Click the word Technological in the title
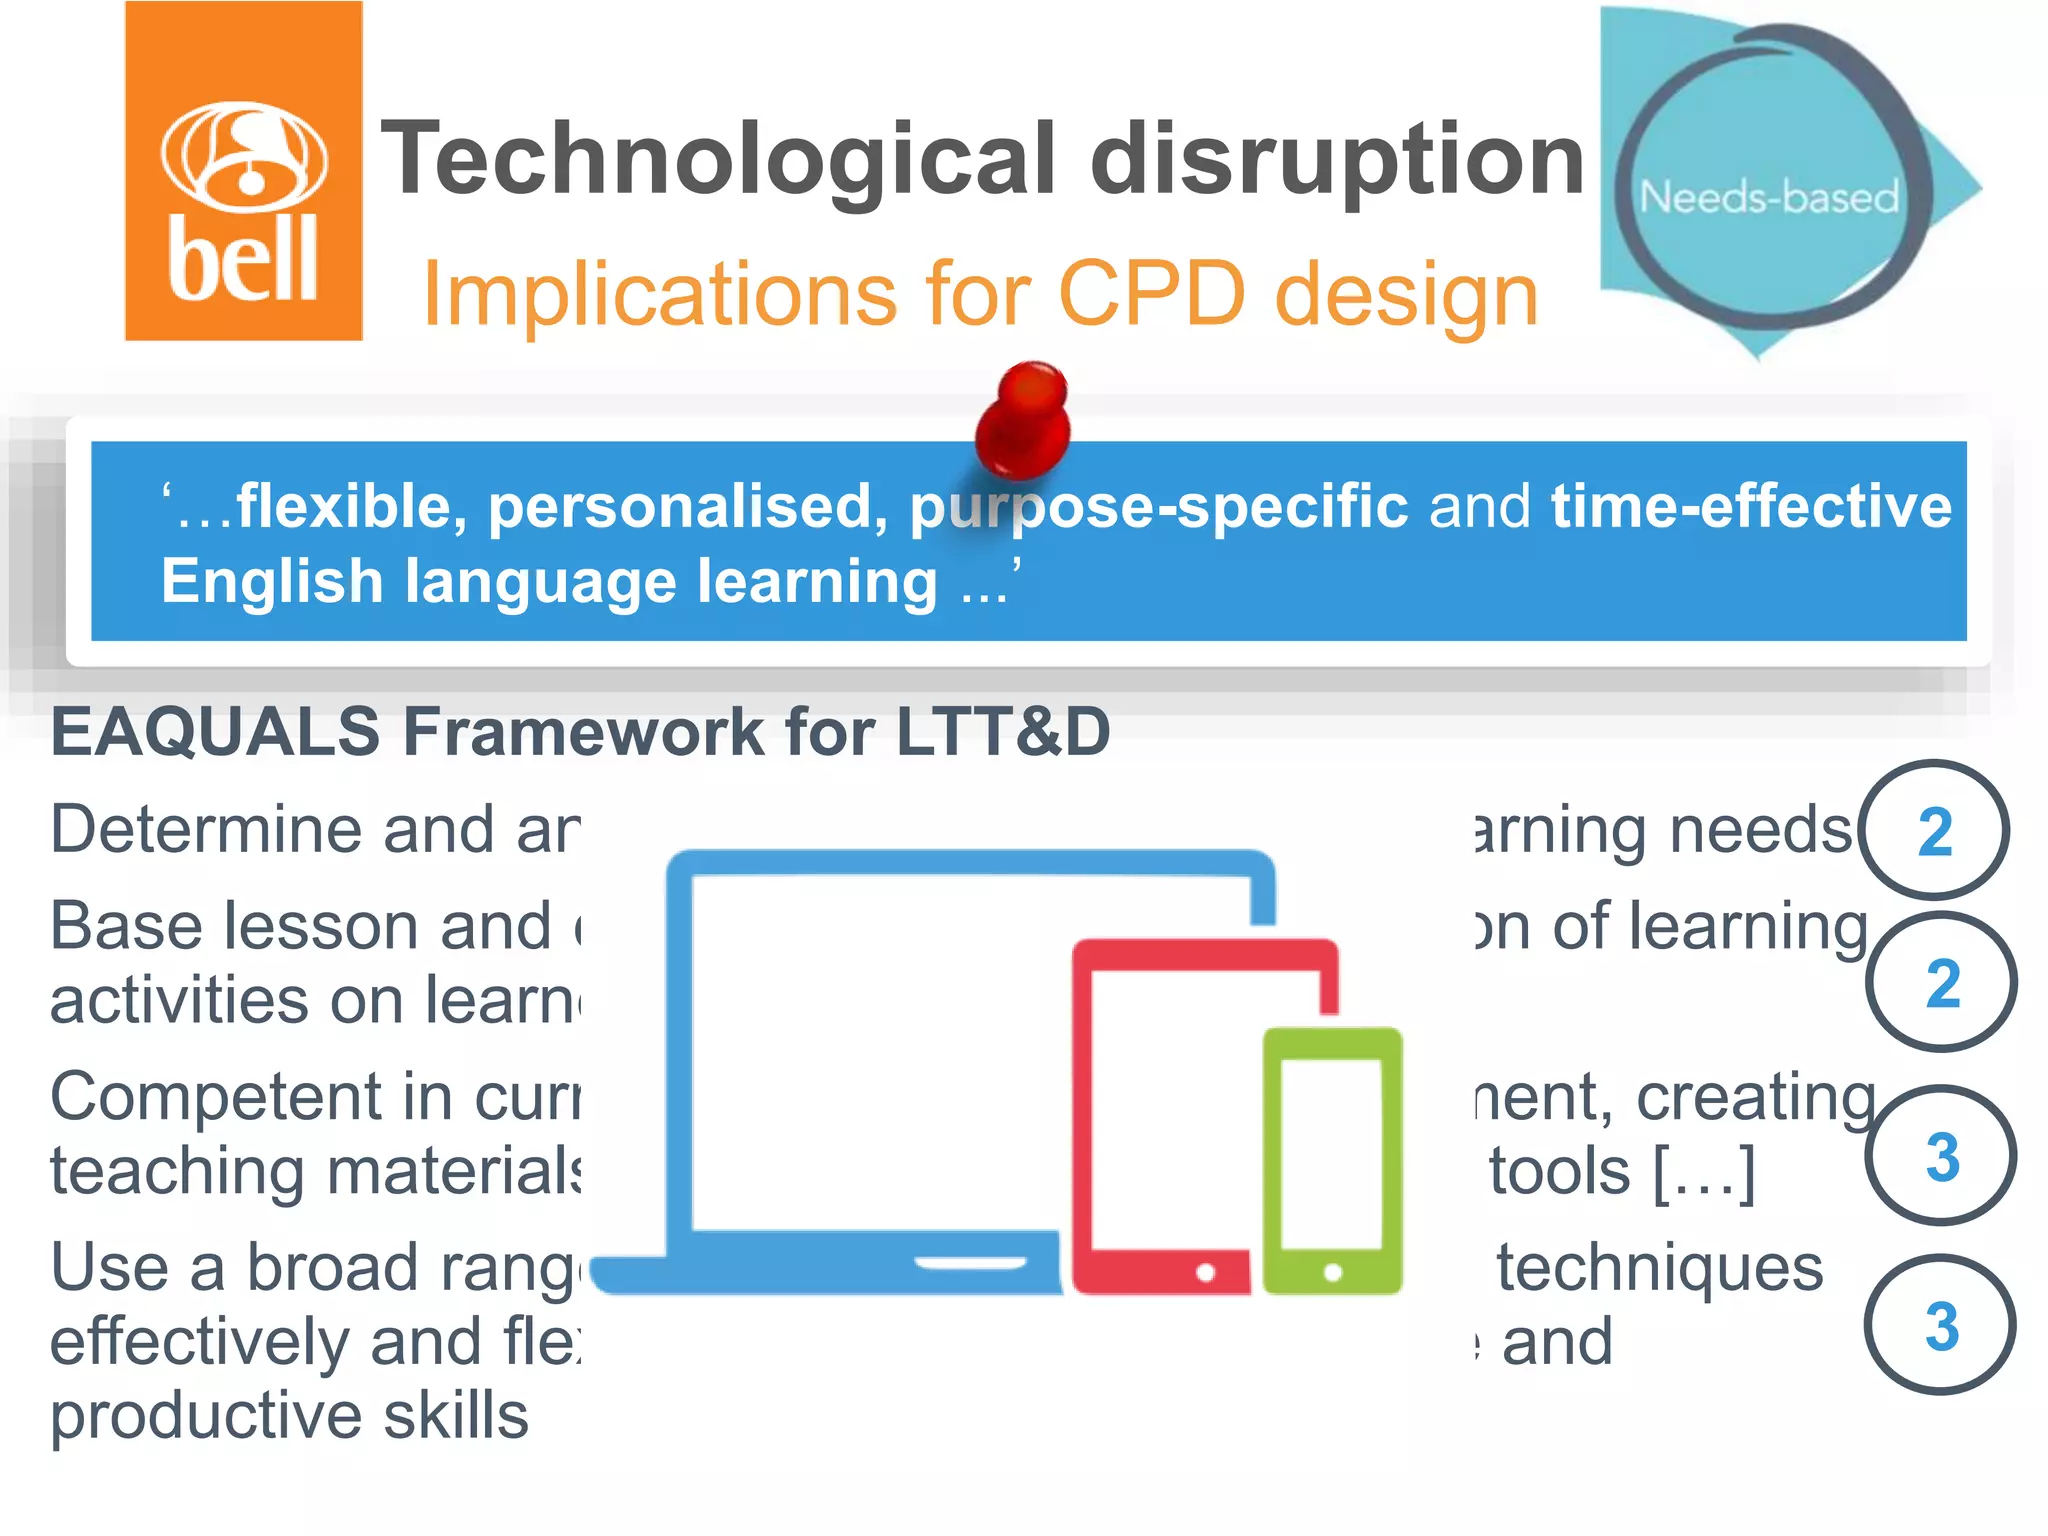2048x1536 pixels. click(x=717, y=160)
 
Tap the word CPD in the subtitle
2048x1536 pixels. click(x=1151, y=294)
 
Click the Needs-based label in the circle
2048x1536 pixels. click(x=1768, y=197)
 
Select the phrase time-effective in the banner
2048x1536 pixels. click(x=1750, y=506)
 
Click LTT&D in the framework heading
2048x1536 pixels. click(x=1002, y=731)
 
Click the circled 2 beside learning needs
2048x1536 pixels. click(x=1934, y=831)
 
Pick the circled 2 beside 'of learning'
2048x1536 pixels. click(x=1941, y=983)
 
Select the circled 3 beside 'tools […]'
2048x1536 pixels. click(x=1941, y=1156)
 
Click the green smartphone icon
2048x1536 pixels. click(x=1332, y=1160)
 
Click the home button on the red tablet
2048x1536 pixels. click(x=1205, y=1272)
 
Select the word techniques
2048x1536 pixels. click(x=1659, y=1269)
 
